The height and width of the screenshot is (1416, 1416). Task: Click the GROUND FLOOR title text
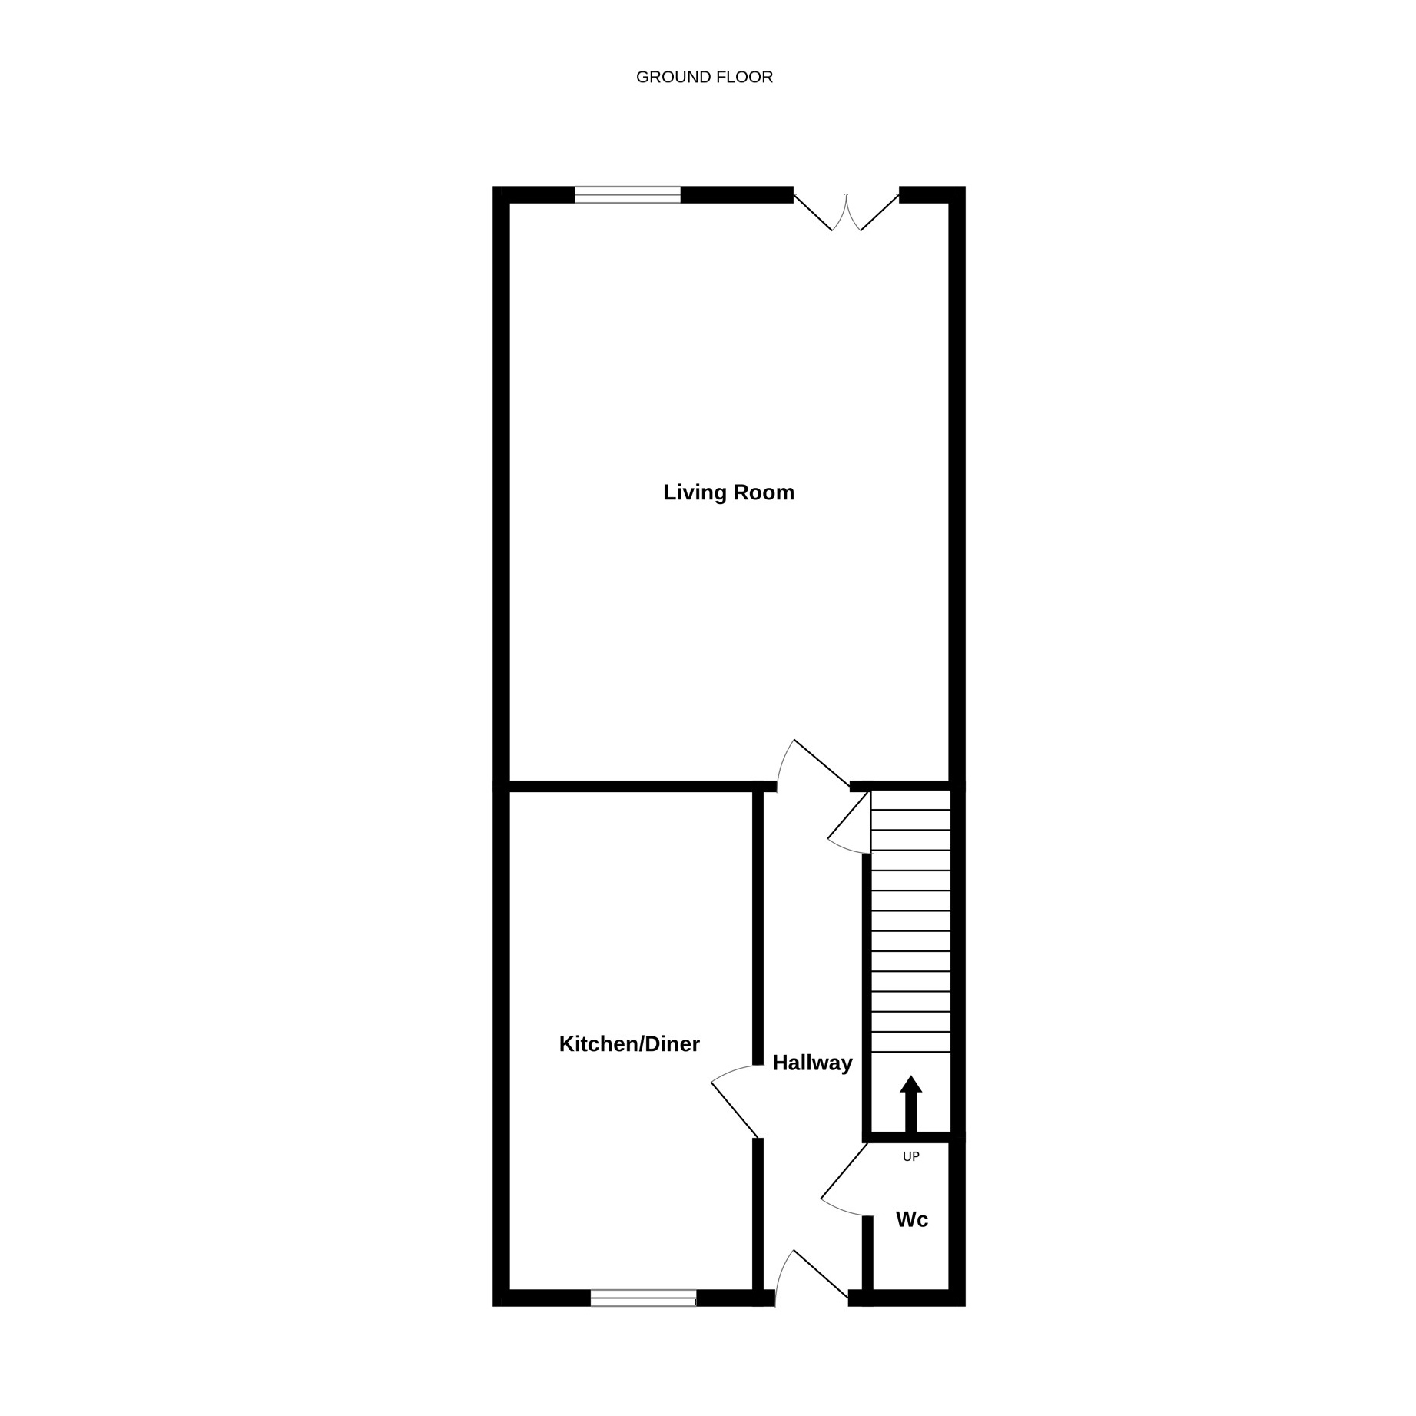[704, 77]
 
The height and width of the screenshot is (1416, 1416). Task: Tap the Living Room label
[728, 492]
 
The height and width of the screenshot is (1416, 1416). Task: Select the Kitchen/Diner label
[629, 1044]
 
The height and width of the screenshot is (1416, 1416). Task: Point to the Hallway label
[812, 1063]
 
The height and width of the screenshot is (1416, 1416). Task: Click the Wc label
[912, 1219]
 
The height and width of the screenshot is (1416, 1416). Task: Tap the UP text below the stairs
[910, 1156]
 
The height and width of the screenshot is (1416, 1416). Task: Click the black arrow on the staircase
[910, 1104]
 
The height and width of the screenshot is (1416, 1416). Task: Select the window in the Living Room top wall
[628, 195]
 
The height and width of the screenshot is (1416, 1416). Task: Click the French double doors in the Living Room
[846, 209]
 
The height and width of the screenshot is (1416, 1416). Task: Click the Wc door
[845, 1179]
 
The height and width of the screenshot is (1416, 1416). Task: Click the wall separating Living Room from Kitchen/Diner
[635, 786]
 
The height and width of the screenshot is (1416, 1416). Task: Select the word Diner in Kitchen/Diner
[674, 1044]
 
